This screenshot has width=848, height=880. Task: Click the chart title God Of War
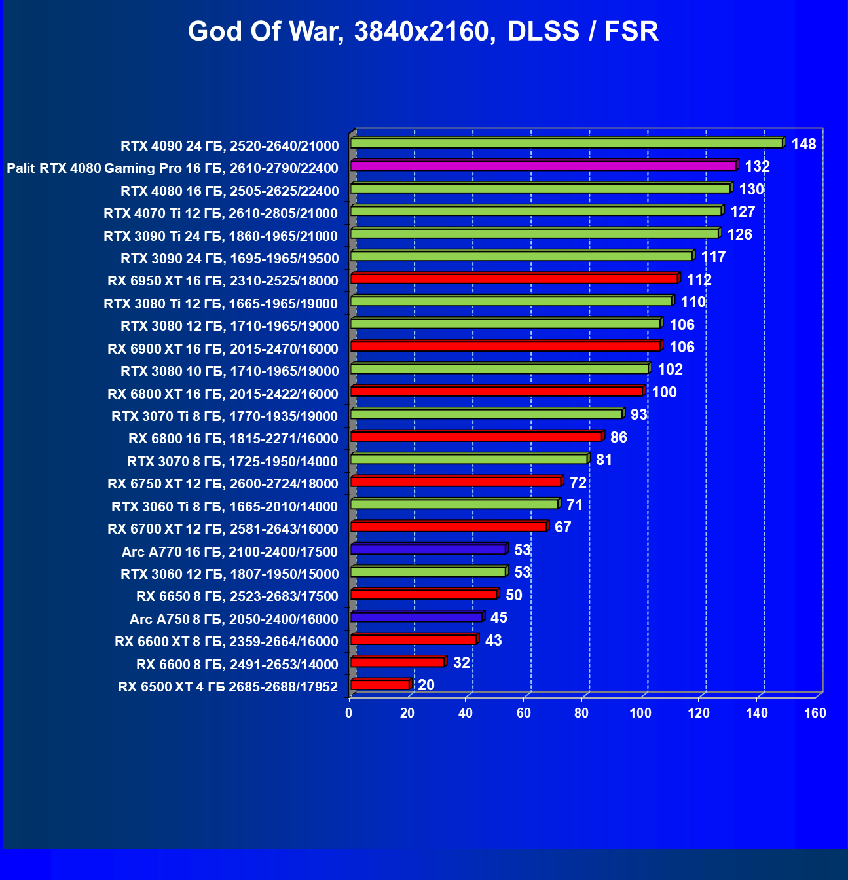(x=423, y=31)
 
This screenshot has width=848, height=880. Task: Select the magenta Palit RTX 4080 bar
(x=544, y=166)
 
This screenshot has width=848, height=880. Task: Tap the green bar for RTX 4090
(x=566, y=143)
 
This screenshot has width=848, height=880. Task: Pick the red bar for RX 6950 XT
(x=514, y=279)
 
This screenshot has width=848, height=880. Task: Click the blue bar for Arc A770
(x=428, y=549)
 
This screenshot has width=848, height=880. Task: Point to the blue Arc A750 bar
(x=416, y=617)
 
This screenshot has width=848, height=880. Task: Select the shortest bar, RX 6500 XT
(x=380, y=685)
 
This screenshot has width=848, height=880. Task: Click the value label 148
(x=803, y=144)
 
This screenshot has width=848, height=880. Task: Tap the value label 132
(x=757, y=166)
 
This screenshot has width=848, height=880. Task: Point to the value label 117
(x=713, y=257)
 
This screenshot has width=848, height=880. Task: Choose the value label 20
(x=426, y=685)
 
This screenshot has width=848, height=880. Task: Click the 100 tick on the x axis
(x=640, y=713)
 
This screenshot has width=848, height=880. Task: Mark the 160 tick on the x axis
(x=815, y=713)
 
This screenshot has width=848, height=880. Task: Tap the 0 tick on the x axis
(x=349, y=713)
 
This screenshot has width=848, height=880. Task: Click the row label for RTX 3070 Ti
(x=224, y=416)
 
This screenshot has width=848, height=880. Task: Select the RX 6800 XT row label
(x=223, y=394)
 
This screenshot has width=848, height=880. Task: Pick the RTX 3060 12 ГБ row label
(x=229, y=574)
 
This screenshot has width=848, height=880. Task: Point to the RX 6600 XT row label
(x=226, y=642)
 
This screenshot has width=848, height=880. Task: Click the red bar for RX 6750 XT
(x=456, y=482)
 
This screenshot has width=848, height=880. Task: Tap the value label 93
(x=638, y=414)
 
